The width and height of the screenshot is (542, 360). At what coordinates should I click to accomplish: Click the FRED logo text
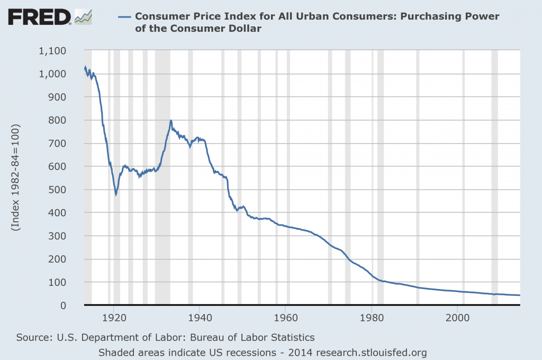click(39, 17)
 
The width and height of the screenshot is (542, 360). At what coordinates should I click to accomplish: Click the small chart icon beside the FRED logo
click(83, 17)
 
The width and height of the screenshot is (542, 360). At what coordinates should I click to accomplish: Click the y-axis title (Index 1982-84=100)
click(16, 178)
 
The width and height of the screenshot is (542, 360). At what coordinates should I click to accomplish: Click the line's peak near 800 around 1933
click(171, 121)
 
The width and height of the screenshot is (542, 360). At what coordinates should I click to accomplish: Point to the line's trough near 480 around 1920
click(116, 194)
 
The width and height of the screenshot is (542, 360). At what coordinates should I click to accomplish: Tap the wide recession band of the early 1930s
click(162, 212)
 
